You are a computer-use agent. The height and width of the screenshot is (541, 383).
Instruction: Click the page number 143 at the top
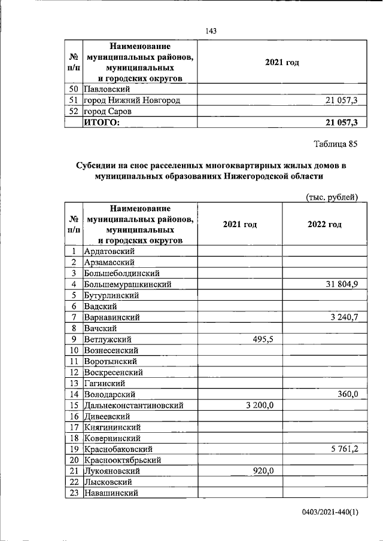coord(210,31)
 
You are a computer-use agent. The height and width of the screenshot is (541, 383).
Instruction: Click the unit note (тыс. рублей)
coord(332,197)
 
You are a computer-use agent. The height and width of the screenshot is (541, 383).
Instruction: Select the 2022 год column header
coord(324,224)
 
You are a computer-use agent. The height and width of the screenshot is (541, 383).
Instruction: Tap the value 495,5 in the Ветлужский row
coord(261,339)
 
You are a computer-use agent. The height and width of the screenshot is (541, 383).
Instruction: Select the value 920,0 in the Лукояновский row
coord(262,471)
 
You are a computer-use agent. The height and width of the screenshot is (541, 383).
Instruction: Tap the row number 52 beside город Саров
coord(73,111)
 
